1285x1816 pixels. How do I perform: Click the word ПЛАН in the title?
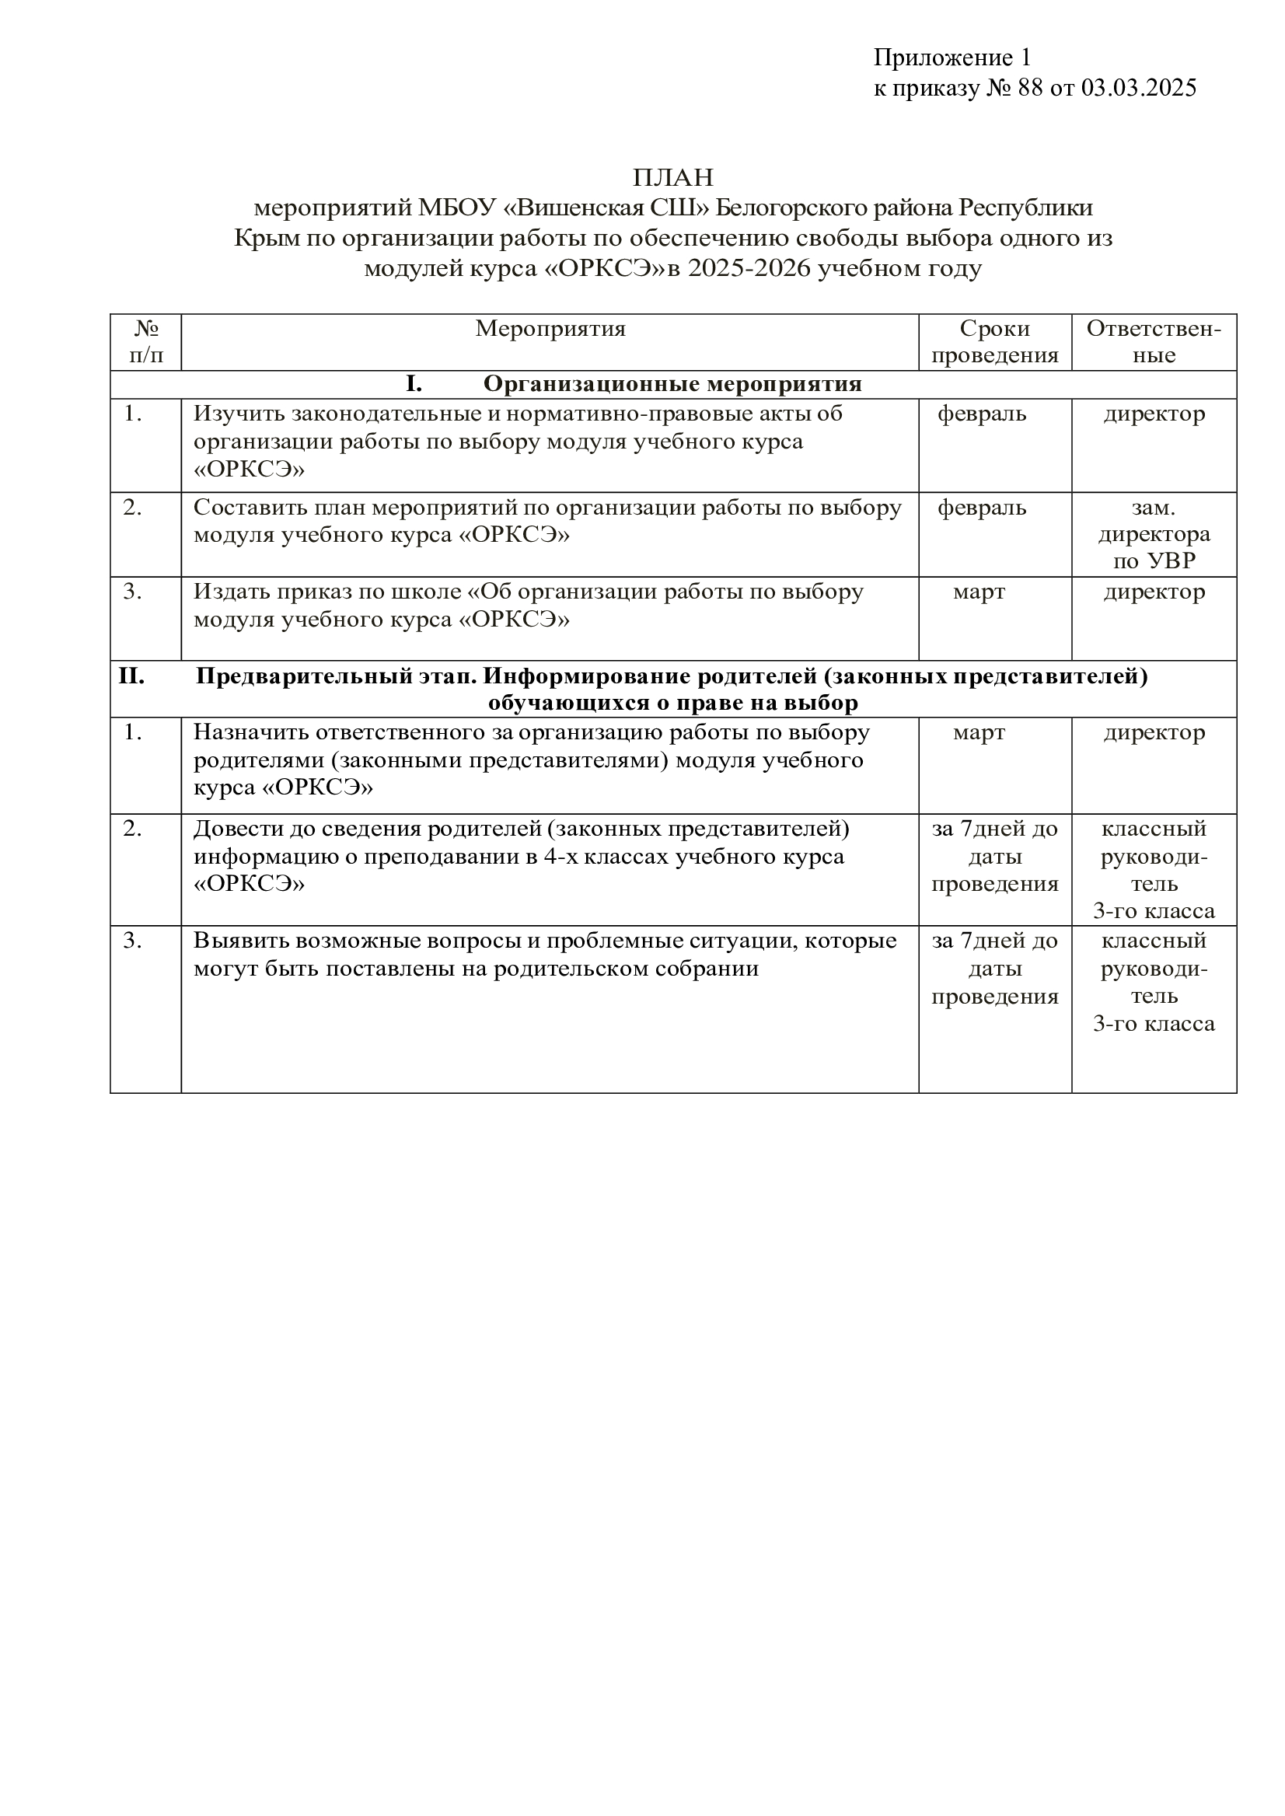(672, 176)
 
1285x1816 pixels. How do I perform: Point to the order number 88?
(1031, 88)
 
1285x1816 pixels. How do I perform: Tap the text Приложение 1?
(952, 57)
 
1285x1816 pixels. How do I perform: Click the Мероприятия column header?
(550, 328)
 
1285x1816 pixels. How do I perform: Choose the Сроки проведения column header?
(994, 341)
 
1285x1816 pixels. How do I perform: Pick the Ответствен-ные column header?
(1154, 341)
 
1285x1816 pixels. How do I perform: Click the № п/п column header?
(146, 341)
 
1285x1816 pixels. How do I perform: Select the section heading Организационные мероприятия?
(672, 384)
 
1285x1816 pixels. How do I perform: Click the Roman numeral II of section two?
(131, 676)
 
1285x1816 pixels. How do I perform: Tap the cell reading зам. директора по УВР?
(1154, 534)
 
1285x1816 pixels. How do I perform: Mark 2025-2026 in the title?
(749, 269)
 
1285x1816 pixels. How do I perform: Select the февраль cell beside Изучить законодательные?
(982, 414)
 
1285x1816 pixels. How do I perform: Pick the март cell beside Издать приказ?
(979, 592)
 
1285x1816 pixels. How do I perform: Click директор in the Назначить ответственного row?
(1154, 733)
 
